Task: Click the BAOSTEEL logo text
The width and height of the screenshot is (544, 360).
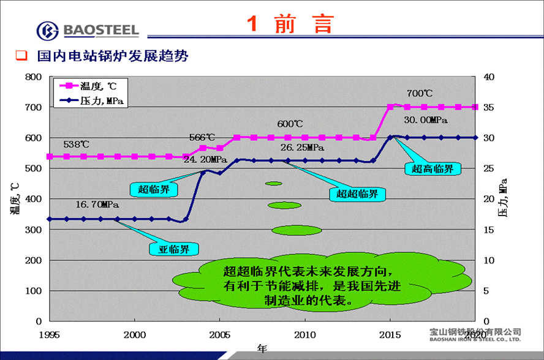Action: click(x=100, y=29)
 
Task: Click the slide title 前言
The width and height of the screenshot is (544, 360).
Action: click(x=291, y=24)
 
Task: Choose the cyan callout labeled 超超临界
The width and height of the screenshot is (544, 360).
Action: click(x=358, y=194)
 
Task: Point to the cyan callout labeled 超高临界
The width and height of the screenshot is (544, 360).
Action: click(x=433, y=168)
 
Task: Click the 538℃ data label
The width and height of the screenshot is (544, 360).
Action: click(x=77, y=144)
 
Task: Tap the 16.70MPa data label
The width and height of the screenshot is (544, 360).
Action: click(x=97, y=204)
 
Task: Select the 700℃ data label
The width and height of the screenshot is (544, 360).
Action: click(x=420, y=94)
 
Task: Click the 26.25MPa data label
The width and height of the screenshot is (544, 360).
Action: click(x=302, y=148)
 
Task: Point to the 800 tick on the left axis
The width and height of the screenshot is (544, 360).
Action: click(x=33, y=77)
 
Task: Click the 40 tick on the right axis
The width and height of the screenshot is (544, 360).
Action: click(x=489, y=77)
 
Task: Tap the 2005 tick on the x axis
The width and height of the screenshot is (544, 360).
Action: click(x=220, y=334)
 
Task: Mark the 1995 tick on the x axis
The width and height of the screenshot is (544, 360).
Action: click(x=50, y=334)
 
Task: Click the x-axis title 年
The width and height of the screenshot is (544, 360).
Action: click(x=262, y=349)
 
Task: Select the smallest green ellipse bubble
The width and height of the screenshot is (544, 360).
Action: click(x=273, y=183)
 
